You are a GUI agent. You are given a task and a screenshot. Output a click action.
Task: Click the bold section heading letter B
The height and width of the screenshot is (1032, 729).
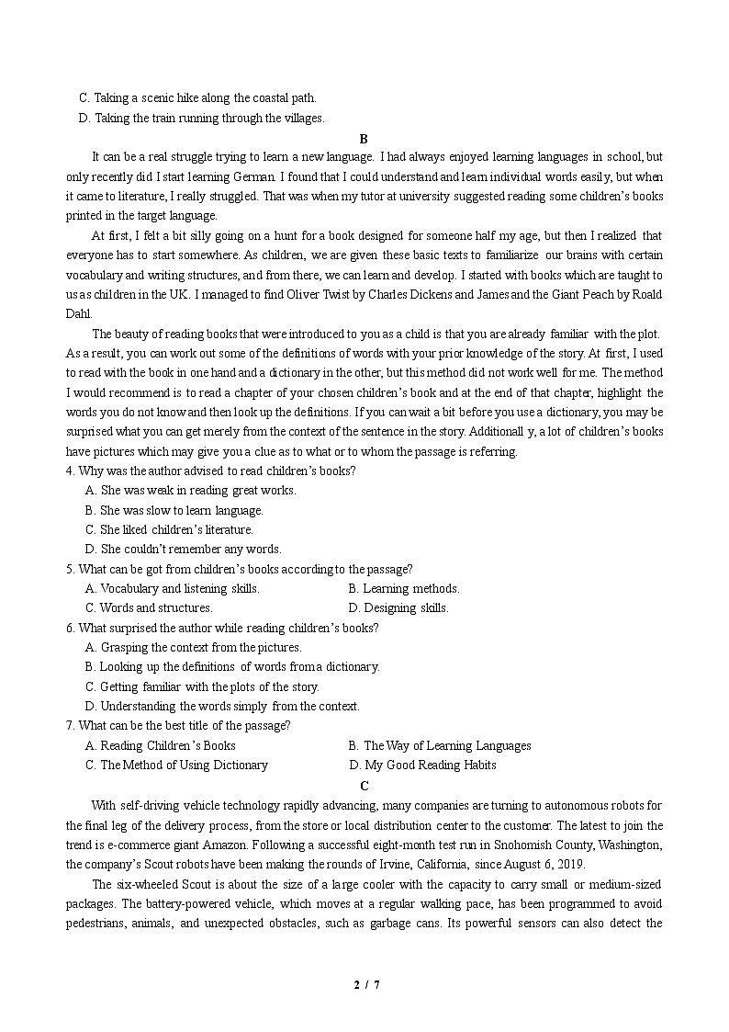click(x=364, y=139)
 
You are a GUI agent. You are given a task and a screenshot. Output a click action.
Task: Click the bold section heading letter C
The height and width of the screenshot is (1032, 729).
click(x=364, y=786)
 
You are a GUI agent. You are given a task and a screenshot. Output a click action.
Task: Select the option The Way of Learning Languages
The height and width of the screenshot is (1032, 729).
click(x=447, y=746)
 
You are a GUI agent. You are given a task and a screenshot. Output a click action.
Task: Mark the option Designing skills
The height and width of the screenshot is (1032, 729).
click(x=406, y=608)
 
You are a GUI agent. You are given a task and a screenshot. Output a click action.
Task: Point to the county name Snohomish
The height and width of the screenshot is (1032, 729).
click(x=499, y=845)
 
